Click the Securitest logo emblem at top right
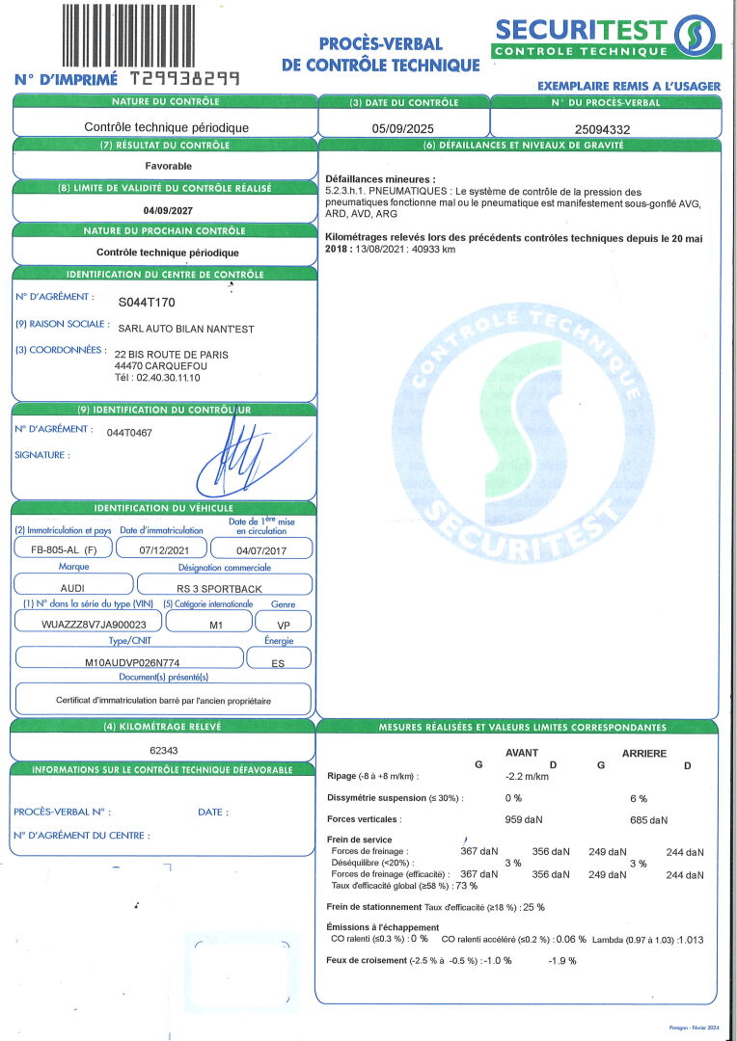coord(696,36)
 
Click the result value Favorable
coord(168,166)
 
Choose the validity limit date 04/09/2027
coord(168,209)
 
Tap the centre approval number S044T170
coord(148,302)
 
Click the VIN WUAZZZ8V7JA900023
coord(81,623)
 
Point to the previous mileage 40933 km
coord(430,250)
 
